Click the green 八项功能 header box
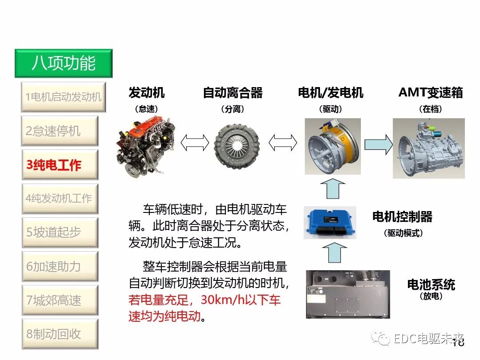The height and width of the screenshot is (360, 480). [63, 63]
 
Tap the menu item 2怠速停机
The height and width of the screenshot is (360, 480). [60, 131]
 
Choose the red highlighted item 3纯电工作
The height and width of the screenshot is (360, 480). [60, 165]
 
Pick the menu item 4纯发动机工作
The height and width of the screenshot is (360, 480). [60, 198]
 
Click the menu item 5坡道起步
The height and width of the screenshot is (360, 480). [60, 232]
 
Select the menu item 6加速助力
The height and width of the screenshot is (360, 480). [60, 266]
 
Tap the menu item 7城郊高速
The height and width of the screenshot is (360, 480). [60, 300]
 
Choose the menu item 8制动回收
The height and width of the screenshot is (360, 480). [60, 334]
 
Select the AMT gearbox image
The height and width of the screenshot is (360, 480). [428, 148]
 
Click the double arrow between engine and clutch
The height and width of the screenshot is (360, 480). [195, 143]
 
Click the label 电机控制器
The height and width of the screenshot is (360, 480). [402, 217]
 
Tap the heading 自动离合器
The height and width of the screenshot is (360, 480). [232, 93]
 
